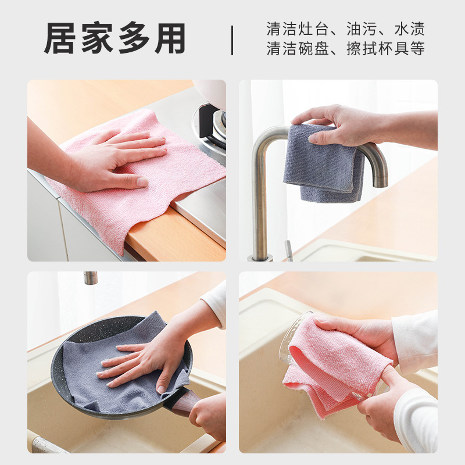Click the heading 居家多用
115,39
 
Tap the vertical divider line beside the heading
233,40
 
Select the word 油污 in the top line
362,28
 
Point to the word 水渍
409,28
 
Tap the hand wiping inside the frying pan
139,360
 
